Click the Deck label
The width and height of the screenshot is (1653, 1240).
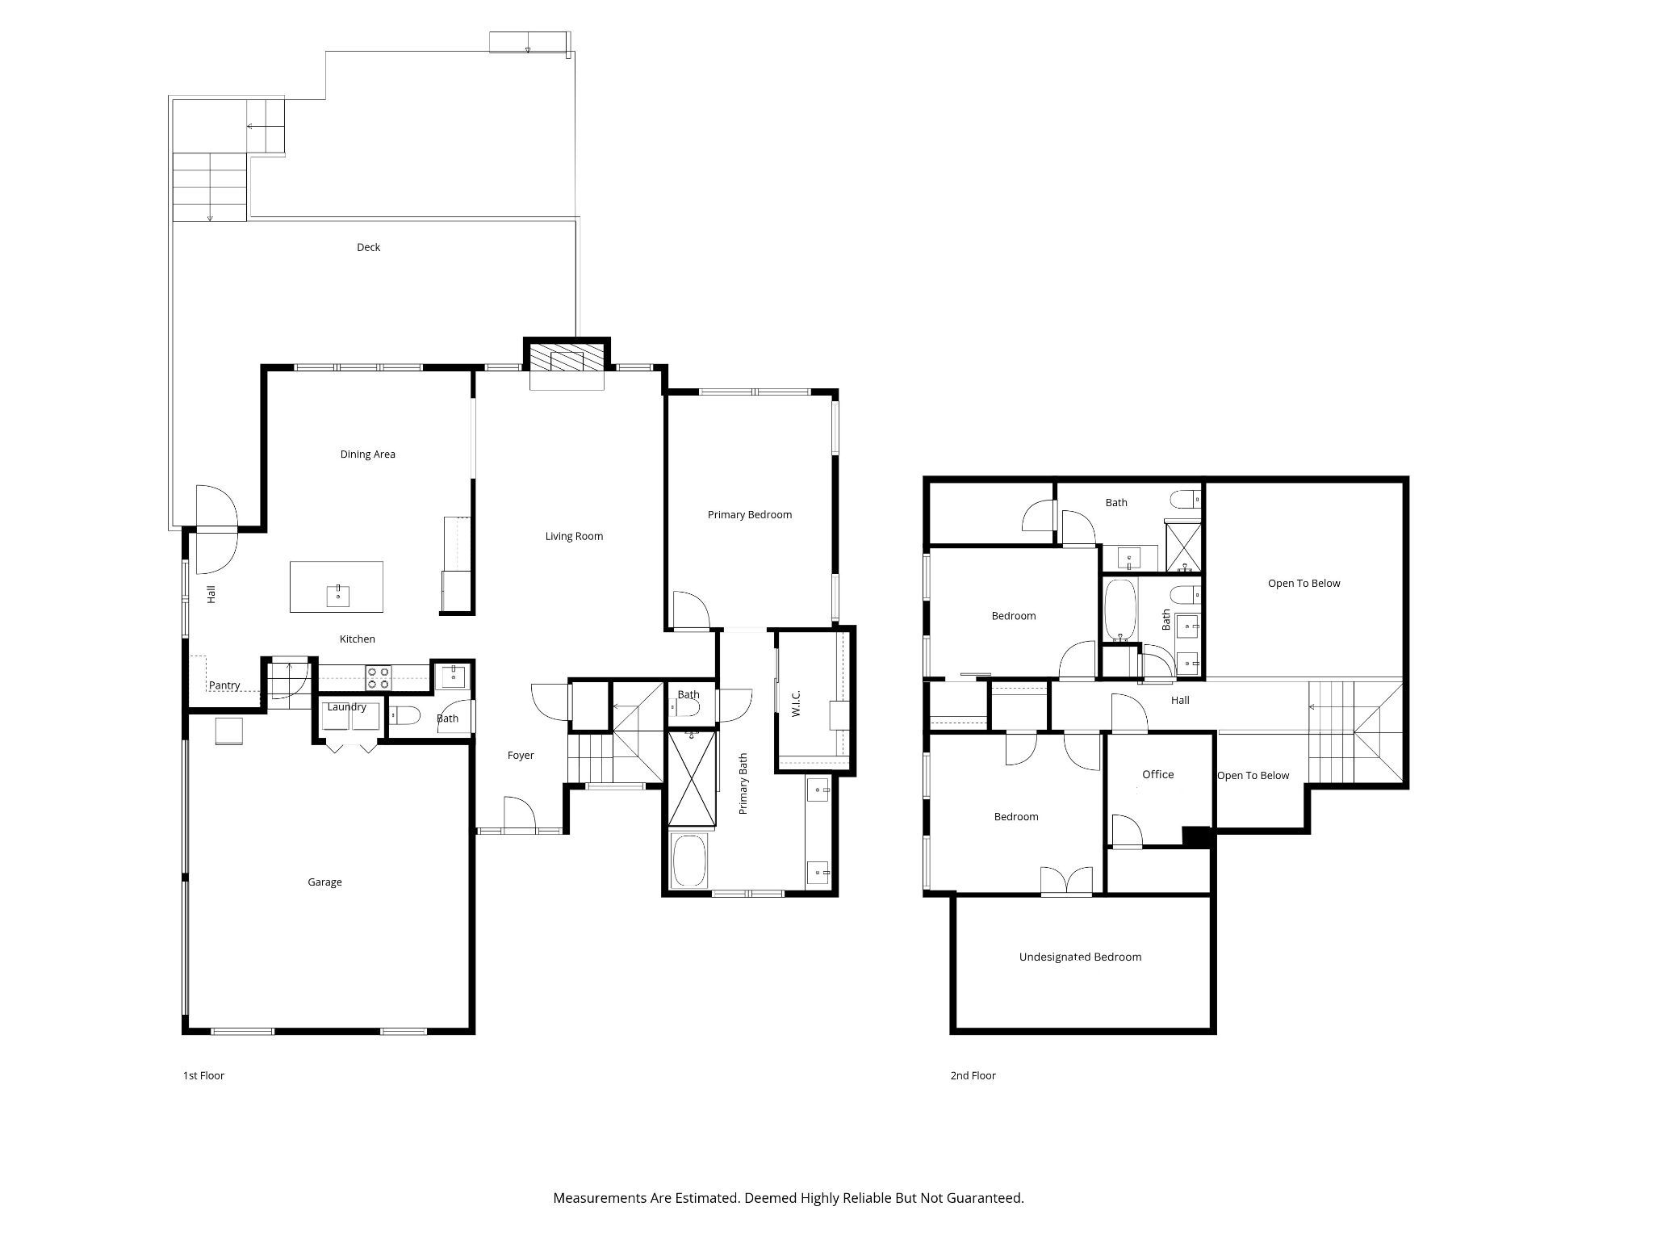pos(368,247)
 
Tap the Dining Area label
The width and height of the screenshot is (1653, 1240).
pos(367,455)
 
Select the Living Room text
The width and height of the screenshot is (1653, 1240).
pos(574,536)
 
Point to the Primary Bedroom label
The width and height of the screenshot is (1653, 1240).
pos(749,515)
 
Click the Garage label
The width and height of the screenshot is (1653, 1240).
pos(324,882)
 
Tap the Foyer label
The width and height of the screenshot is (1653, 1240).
pos(521,756)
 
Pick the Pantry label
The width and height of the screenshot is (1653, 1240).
pos(224,685)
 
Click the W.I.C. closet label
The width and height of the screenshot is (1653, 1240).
pos(796,702)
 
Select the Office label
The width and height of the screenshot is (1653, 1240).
pos(1157,774)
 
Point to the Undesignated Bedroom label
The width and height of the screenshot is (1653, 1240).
pos(1080,957)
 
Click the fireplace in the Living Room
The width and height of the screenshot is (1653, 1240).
pos(567,360)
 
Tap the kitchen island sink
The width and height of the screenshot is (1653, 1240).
pos(338,596)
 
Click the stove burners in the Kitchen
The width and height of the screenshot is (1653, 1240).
pos(379,677)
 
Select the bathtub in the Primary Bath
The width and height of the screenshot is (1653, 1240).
pos(691,861)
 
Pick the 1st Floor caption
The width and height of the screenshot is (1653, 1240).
pos(203,1075)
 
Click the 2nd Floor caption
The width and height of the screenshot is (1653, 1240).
pos(973,1075)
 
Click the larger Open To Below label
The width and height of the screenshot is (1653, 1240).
pos(1304,584)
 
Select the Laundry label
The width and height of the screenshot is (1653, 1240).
pos(347,707)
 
